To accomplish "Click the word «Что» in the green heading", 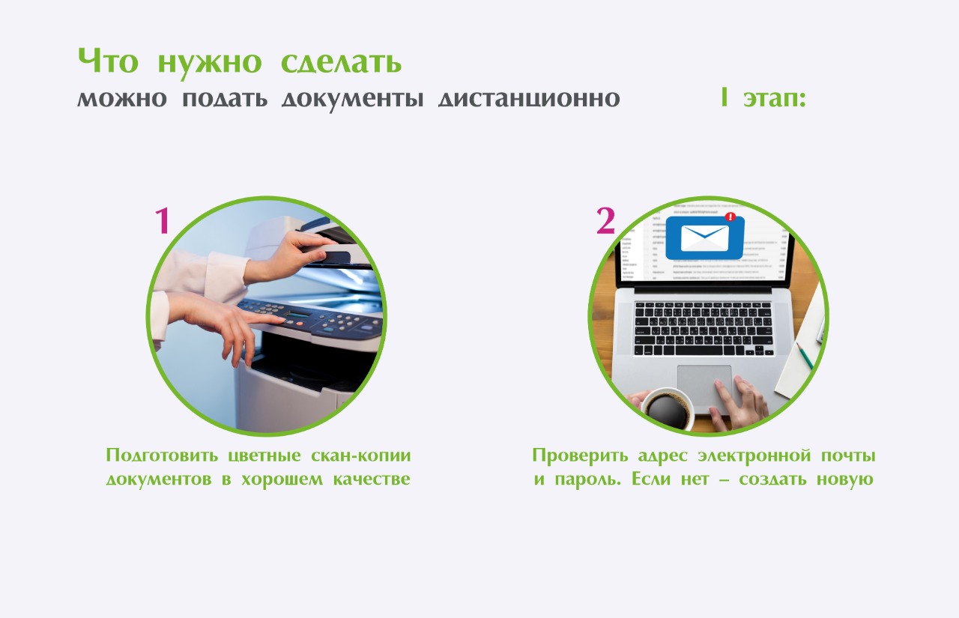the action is [x=108, y=61].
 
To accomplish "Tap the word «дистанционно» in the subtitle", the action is [x=529, y=98].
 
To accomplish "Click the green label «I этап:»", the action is [x=763, y=97].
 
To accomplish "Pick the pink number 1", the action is [x=162, y=220].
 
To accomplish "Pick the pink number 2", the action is [x=606, y=221].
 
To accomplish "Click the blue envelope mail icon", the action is [x=705, y=238].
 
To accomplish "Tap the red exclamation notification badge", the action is [x=730, y=217].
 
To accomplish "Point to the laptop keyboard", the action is [x=704, y=329].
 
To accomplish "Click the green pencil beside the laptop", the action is [x=805, y=356].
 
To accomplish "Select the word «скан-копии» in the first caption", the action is [x=361, y=455].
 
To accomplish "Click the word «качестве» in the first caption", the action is [x=372, y=479].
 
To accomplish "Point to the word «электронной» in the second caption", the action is [x=754, y=455].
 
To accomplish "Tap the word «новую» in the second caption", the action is [x=844, y=479].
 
